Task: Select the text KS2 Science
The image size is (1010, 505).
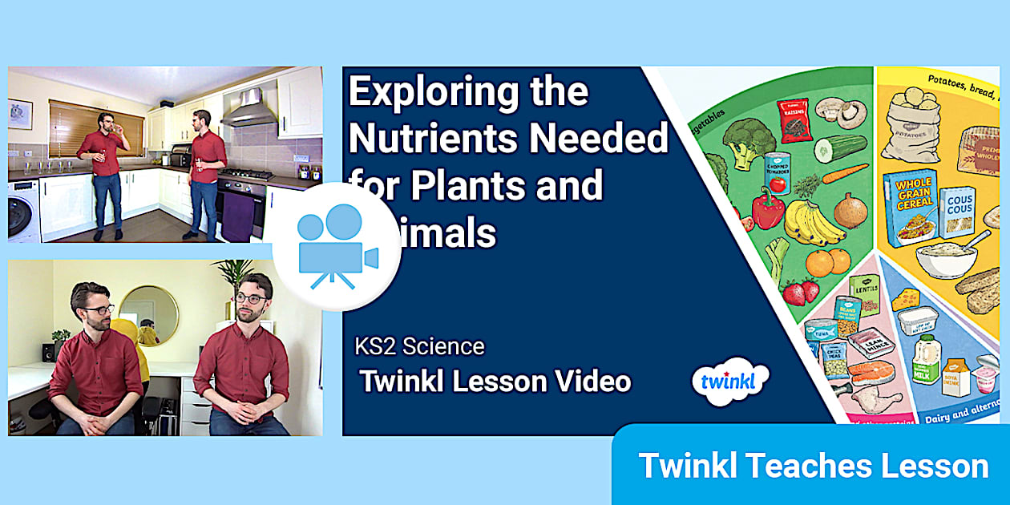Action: (419, 346)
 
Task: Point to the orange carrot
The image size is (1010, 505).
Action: (843, 174)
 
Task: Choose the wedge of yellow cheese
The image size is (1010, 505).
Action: (907, 300)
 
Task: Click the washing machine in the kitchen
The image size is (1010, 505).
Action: (23, 210)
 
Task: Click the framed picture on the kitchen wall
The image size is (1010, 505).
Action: (20, 115)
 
